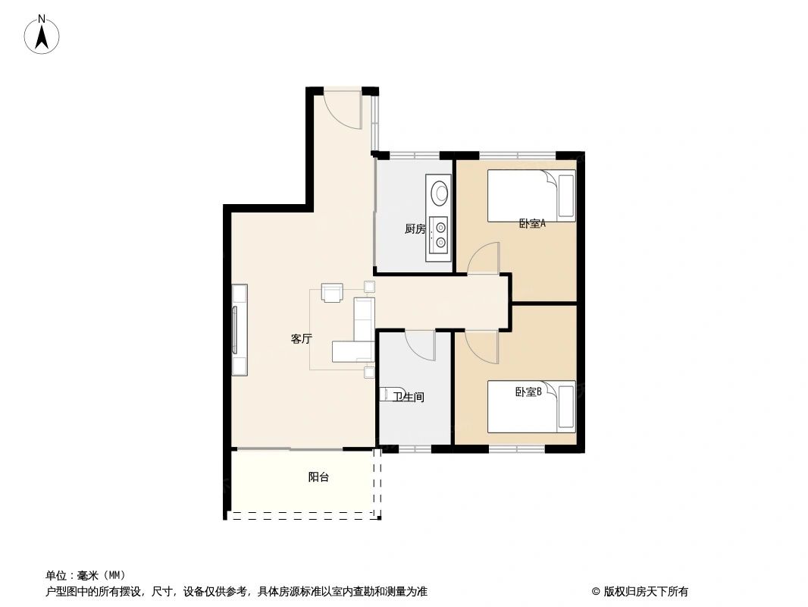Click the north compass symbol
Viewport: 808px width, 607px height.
(x=42, y=34)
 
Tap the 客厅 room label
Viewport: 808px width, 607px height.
(x=302, y=339)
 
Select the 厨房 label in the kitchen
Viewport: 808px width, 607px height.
(x=415, y=228)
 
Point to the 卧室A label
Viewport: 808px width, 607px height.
(x=532, y=224)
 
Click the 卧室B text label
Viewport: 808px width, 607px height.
(x=528, y=392)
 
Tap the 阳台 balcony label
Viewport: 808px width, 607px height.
(x=318, y=477)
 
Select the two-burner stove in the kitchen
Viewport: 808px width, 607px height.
(x=438, y=234)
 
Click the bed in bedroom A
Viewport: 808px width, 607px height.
(x=531, y=195)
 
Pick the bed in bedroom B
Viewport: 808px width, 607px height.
(x=531, y=407)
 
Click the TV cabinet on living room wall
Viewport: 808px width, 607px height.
(x=240, y=329)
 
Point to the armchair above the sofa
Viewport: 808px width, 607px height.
(x=332, y=292)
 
